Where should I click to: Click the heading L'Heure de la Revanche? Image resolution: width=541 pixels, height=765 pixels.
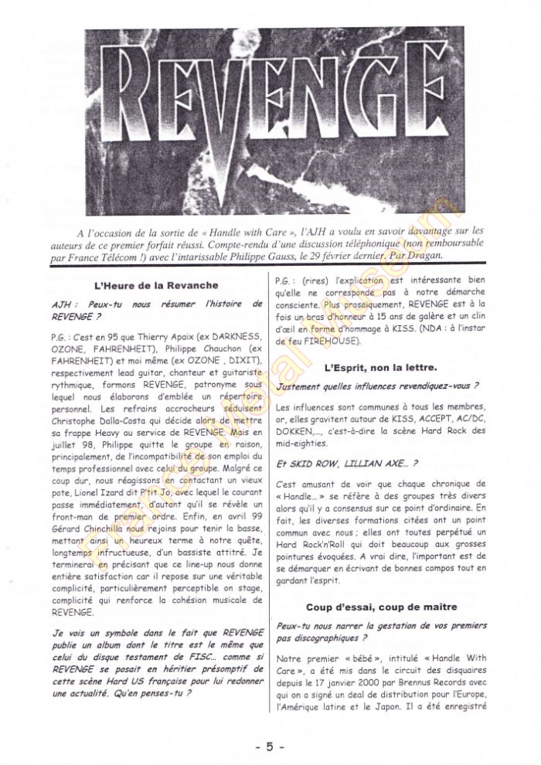[155, 285]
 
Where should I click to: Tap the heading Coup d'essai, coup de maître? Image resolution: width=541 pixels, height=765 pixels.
[380, 607]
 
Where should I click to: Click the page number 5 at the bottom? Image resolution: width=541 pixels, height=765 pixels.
[270, 746]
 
